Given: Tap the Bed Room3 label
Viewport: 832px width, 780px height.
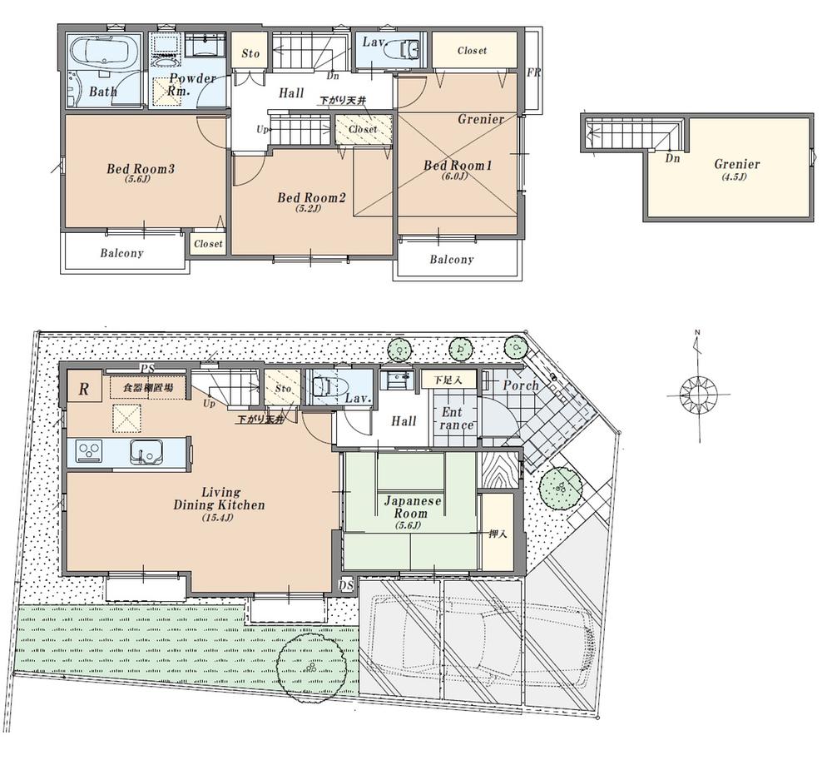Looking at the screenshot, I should [140, 169].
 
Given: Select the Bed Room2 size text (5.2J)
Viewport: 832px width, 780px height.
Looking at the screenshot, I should [309, 208].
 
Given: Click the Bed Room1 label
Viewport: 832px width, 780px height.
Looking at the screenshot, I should [458, 166].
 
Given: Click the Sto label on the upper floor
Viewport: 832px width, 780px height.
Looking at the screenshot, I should [250, 53].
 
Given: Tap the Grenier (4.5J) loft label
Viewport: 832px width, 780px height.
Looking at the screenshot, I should [736, 165].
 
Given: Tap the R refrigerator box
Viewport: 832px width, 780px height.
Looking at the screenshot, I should [84, 388].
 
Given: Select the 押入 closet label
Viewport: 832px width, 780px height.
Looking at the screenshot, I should [497, 534].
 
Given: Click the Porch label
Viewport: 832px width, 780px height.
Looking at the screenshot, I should [521, 385].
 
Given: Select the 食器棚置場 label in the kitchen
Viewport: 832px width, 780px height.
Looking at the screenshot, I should [148, 388].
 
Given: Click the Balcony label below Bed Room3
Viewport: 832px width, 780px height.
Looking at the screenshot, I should [122, 253].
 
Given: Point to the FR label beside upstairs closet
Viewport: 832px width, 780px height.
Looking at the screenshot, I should [533, 73].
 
